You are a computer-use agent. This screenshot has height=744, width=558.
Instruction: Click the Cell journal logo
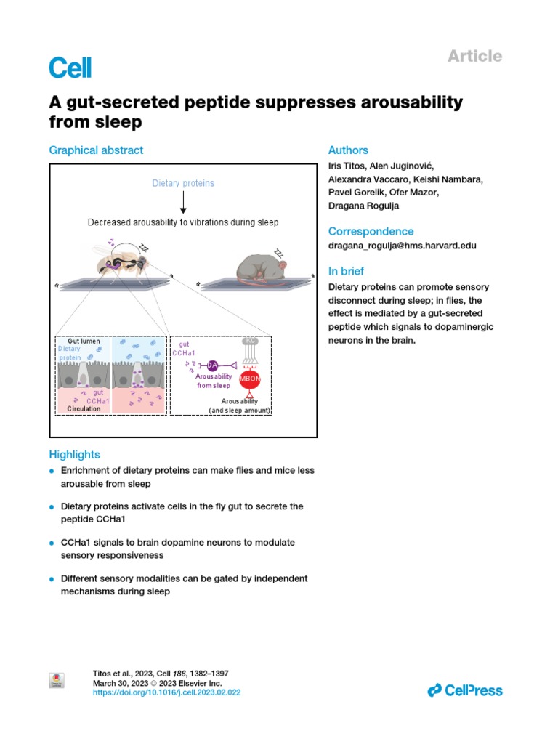pyautogui.click(x=70, y=68)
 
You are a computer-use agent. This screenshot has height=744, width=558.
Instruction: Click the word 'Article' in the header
pyautogui.click(x=474, y=56)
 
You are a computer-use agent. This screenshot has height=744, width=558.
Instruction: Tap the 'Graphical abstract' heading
pyautogui.click(x=96, y=150)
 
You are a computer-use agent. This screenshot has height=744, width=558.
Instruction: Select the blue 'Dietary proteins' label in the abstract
pyautogui.click(x=183, y=183)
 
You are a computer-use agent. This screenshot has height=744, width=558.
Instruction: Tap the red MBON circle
pyautogui.click(x=250, y=378)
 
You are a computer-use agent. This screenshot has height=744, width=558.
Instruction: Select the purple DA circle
pyautogui.click(x=212, y=365)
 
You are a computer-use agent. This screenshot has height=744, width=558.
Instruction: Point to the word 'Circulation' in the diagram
pyautogui.click(x=84, y=409)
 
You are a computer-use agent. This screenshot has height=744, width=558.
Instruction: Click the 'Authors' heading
pyautogui.click(x=348, y=150)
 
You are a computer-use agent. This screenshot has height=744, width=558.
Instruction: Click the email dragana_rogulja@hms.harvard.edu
pyautogui.click(x=403, y=246)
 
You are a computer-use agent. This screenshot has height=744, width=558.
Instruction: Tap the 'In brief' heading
pyautogui.click(x=347, y=271)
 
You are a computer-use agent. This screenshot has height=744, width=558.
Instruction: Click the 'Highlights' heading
pyautogui.click(x=74, y=455)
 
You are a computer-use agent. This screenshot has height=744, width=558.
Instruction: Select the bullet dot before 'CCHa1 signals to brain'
pyautogui.click(x=52, y=543)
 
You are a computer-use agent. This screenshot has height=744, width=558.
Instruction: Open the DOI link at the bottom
pyautogui.click(x=166, y=693)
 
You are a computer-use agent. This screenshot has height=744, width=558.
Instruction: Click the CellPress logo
pyautogui.click(x=465, y=690)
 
